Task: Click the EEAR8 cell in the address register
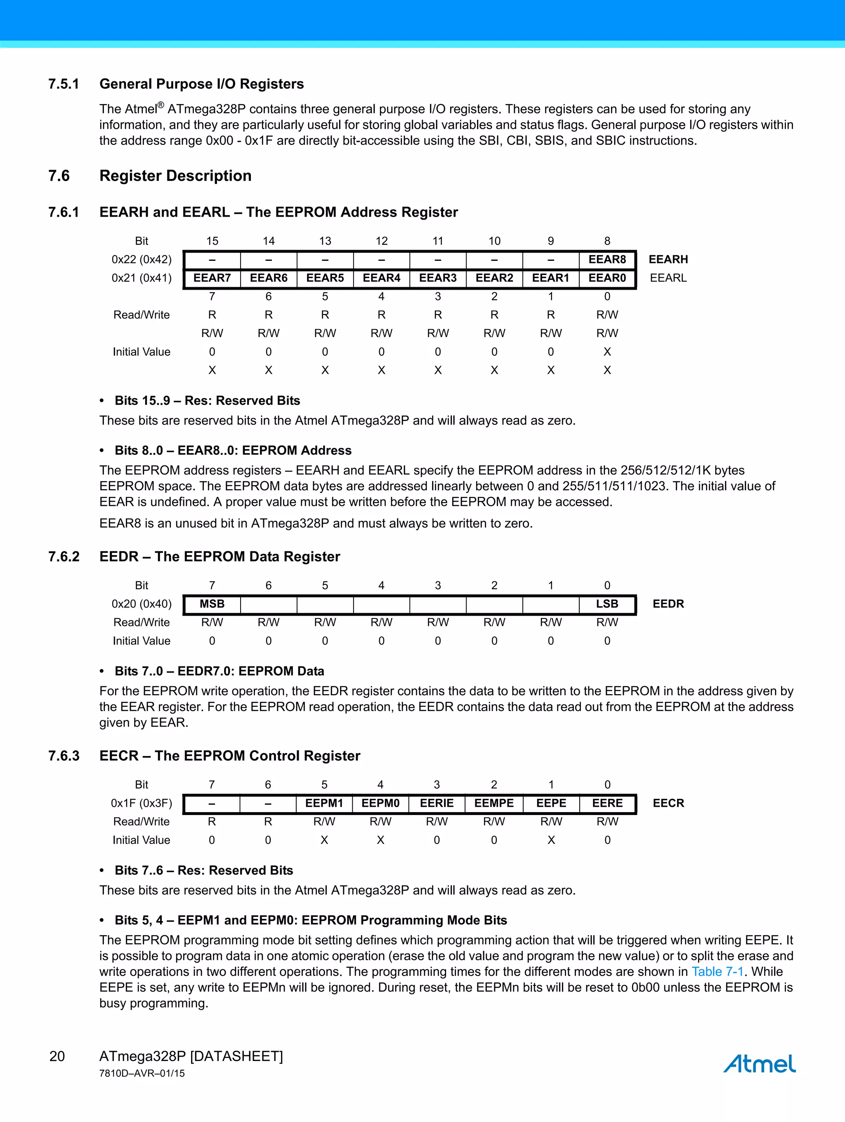click(607, 260)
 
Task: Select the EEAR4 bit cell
click(381, 278)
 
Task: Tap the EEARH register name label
click(668, 260)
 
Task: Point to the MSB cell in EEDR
click(212, 604)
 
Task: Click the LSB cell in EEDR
click(607, 604)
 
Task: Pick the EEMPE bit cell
click(494, 803)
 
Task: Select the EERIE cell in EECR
click(437, 803)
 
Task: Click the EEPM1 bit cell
click(324, 803)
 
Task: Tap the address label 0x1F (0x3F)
click(142, 803)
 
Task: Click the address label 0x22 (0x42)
click(142, 260)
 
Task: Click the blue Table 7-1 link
click(717, 971)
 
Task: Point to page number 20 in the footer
click(57, 1056)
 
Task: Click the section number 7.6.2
click(64, 556)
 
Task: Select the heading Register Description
click(175, 175)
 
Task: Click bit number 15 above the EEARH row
click(212, 241)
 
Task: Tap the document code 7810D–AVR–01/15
click(142, 1073)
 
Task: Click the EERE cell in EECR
click(607, 803)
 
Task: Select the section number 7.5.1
click(64, 84)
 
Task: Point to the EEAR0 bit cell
click(607, 278)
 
